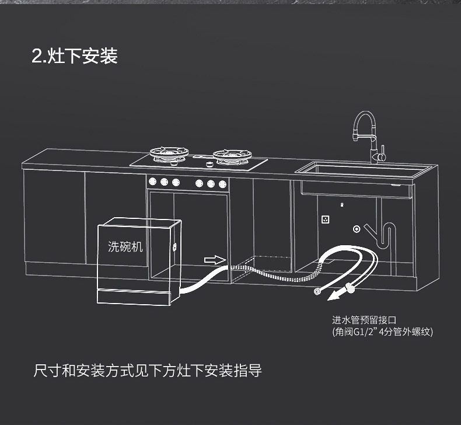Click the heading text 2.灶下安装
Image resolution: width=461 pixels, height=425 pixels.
coord(75,56)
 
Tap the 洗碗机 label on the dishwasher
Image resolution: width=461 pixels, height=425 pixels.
coord(125,246)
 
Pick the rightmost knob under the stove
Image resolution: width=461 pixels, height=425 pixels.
coord(222,183)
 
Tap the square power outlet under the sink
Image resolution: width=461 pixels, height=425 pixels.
coord(325,221)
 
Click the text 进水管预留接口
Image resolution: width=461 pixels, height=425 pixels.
coord(364,320)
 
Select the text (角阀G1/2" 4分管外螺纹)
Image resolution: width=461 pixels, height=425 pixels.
coord(382,333)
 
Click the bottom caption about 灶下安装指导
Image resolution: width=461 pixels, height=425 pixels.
coord(147,371)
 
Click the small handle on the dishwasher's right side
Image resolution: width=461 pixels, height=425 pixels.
coord(173,246)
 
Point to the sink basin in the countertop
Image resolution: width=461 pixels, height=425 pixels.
coord(365,169)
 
